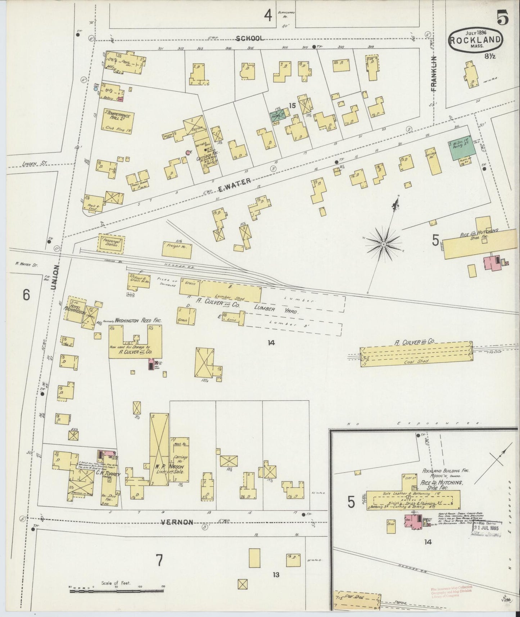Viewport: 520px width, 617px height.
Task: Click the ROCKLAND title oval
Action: click(475, 40)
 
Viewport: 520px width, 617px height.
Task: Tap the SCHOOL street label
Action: click(250, 38)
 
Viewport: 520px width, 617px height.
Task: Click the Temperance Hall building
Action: click(119, 119)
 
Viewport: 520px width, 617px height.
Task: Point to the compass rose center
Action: click(384, 244)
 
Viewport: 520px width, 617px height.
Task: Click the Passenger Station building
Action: click(111, 243)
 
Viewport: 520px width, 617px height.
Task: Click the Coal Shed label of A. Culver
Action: click(417, 361)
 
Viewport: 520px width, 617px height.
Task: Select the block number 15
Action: click(291, 105)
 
